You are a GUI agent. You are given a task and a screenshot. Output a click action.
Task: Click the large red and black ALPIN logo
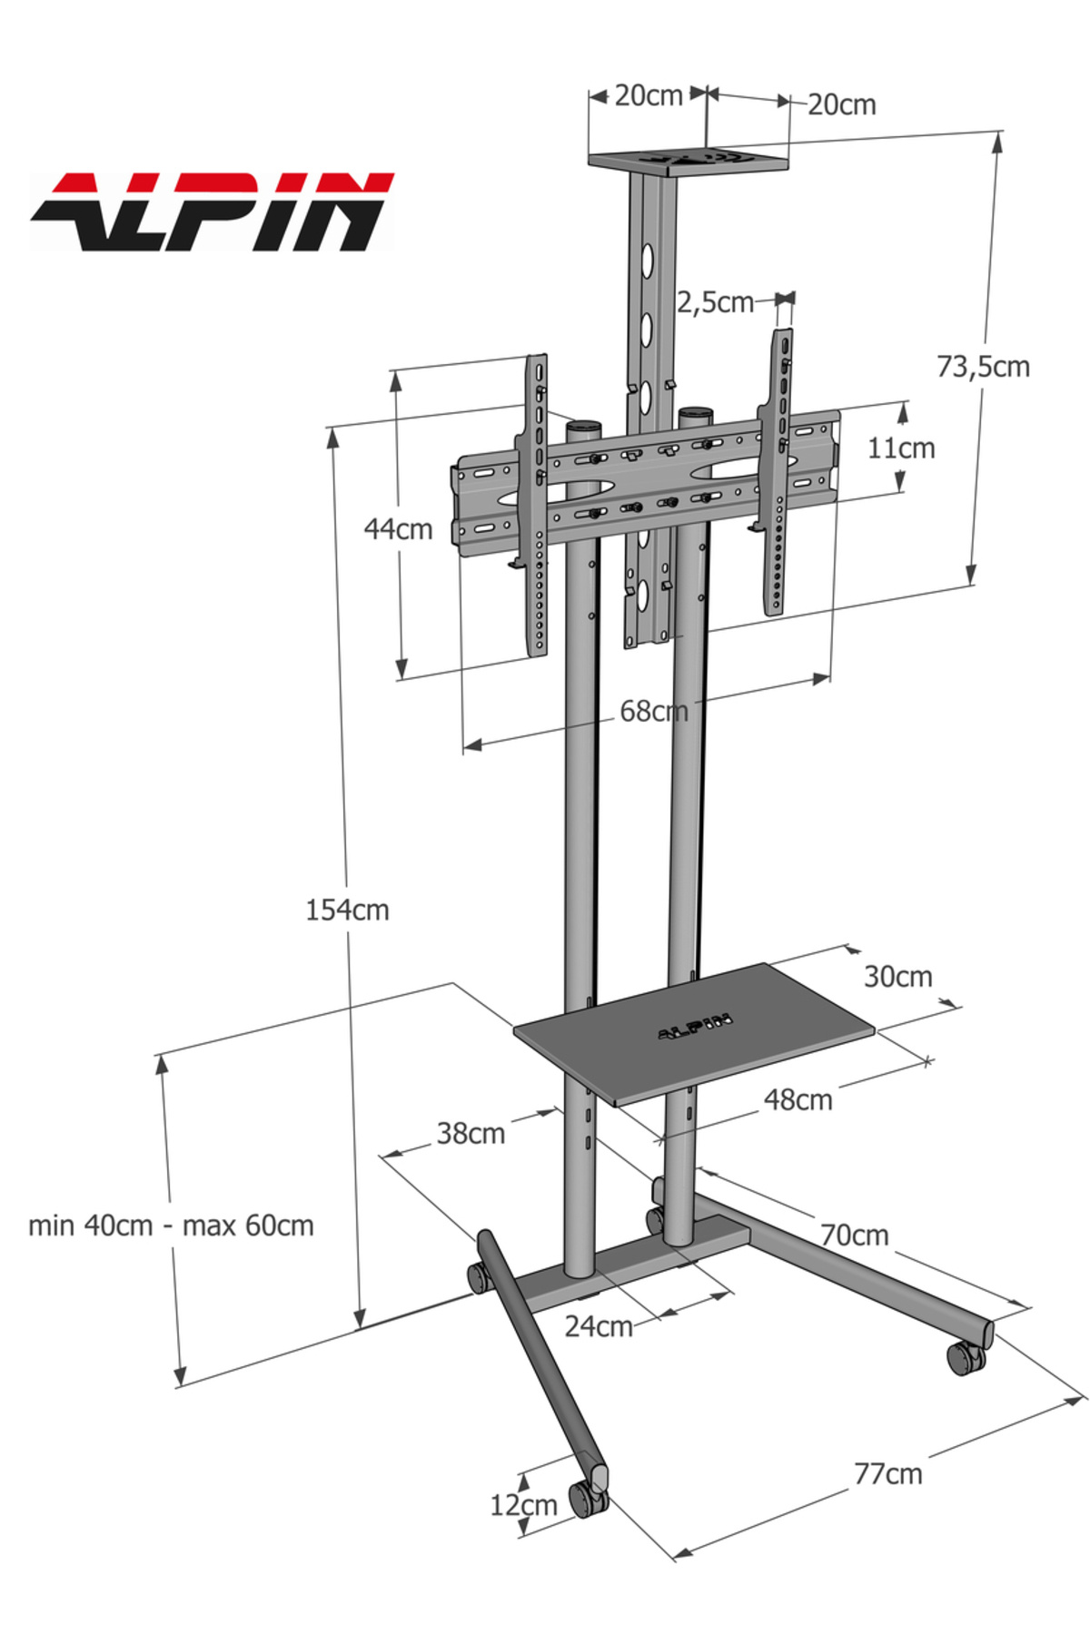(x=212, y=212)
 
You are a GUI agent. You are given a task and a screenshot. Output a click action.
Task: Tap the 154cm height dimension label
(x=347, y=910)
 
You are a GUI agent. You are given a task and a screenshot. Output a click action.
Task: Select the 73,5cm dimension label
(x=983, y=367)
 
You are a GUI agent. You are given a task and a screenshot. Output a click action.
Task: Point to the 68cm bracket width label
(x=653, y=711)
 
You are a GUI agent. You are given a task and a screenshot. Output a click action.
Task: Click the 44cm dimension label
(x=398, y=528)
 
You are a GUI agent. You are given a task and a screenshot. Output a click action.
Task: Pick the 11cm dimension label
(x=900, y=448)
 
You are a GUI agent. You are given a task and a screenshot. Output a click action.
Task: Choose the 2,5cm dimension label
(x=715, y=302)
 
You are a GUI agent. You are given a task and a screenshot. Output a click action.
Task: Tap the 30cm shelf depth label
(x=897, y=977)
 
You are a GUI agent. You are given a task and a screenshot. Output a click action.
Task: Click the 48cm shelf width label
(x=798, y=1099)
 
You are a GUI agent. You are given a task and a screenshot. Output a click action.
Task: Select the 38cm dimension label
(x=471, y=1133)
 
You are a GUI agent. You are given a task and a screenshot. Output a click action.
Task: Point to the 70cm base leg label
(x=854, y=1235)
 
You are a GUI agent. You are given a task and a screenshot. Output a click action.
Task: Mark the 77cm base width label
(x=887, y=1473)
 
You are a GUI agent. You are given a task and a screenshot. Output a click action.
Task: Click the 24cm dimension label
(x=598, y=1326)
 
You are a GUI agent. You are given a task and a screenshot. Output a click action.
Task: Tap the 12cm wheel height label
(x=523, y=1505)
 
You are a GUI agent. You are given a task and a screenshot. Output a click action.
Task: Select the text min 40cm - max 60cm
(x=171, y=1225)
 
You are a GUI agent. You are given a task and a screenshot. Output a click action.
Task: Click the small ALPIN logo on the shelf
(x=695, y=1029)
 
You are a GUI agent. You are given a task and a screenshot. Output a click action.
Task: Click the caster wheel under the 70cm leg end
(x=965, y=1359)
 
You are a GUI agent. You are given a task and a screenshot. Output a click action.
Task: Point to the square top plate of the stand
(x=688, y=162)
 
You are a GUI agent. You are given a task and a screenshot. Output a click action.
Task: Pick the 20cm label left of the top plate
(x=648, y=95)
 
